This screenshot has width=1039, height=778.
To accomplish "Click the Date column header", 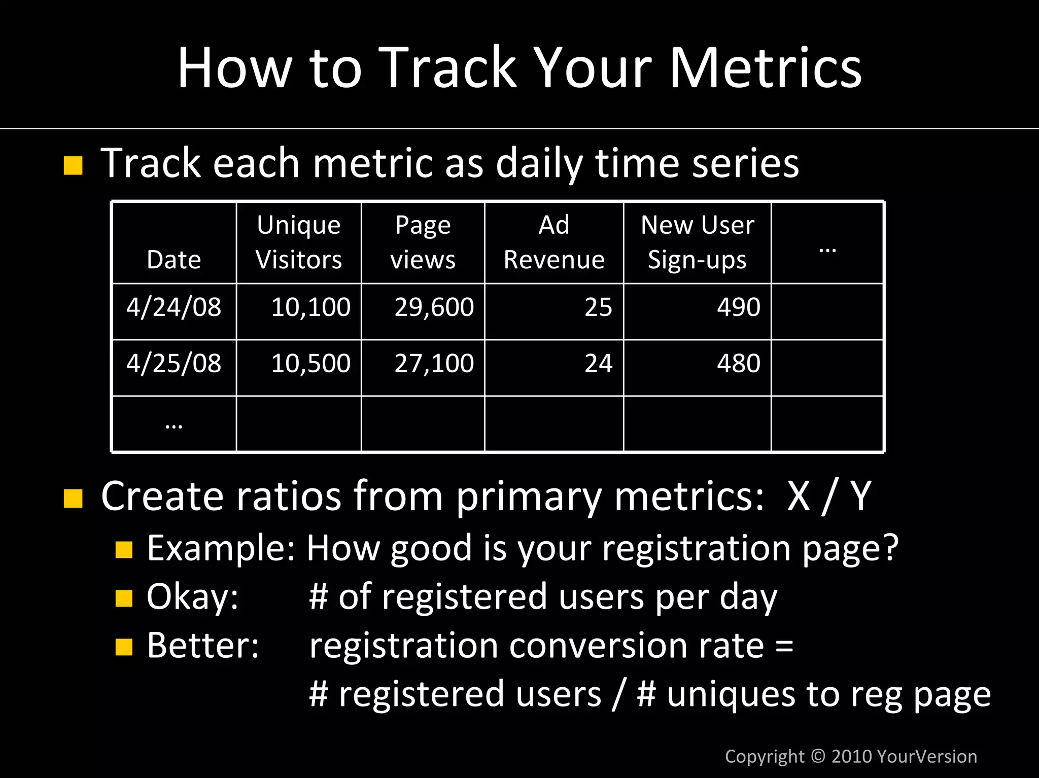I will (174, 260).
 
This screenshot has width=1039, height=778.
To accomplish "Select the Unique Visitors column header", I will (298, 242).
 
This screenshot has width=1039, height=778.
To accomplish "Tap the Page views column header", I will (423, 242).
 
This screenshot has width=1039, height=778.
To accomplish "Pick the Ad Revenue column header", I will (553, 242).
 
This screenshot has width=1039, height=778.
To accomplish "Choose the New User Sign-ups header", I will (697, 242).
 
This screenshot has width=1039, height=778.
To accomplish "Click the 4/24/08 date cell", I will (174, 307).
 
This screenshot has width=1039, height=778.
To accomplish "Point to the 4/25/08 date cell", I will (174, 364).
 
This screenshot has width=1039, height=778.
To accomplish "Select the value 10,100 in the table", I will (310, 307).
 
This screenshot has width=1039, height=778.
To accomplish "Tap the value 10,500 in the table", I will (310, 364).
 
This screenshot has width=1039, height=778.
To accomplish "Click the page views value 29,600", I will (434, 307).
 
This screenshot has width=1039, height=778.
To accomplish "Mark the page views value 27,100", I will (434, 364).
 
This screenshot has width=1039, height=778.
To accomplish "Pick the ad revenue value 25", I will (598, 307).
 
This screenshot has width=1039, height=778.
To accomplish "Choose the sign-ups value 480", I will (738, 364).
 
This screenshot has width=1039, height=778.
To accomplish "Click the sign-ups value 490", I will (738, 307).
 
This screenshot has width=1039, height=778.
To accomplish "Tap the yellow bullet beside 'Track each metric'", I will (73, 166).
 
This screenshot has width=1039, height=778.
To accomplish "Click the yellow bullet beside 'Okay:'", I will (124, 598).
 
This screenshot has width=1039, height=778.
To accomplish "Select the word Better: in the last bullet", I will (203, 646).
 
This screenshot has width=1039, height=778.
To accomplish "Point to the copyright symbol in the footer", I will (818, 756).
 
